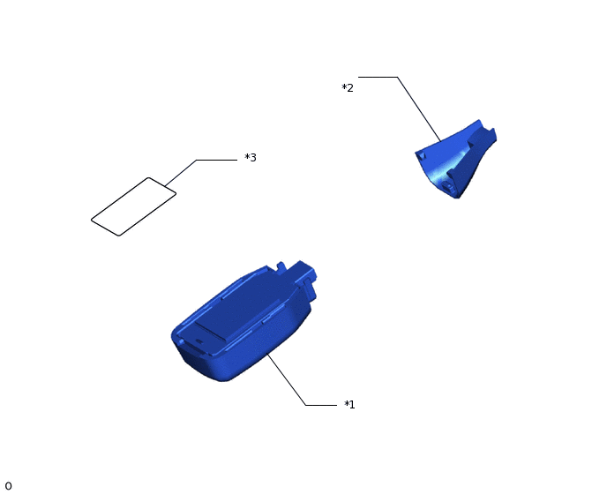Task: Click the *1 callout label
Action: (x=349, y=405)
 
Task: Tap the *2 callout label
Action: (x=348, y=88)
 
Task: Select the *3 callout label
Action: (x=251, y=158)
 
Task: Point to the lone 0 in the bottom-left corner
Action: (x=8, y=486)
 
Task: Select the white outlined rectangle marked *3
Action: (x=133, y=207)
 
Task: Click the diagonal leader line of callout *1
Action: (x=287, y=380)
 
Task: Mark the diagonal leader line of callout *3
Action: (x=180, y=173)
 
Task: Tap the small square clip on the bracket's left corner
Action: (x=421, y=155)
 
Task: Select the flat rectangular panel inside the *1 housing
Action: (x=212, y=333)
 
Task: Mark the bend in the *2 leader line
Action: (x=397, y=78)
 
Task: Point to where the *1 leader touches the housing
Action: (x=268, y=355)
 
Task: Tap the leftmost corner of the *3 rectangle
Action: (x=93, y=220)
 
